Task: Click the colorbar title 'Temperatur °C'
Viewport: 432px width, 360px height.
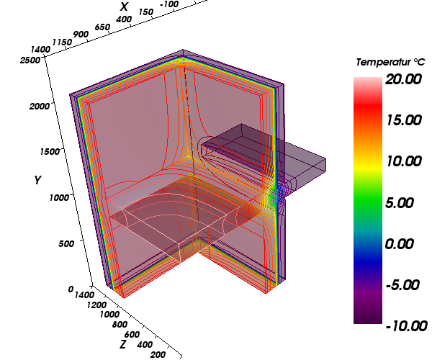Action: [x=390, y=62]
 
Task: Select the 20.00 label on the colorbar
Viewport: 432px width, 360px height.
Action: [x=403, y=79]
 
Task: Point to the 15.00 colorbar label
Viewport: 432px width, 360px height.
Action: [x=404, y=120]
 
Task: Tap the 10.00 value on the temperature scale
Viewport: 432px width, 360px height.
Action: [x=404, y=161]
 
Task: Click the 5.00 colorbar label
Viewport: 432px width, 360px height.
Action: [x=399, y=203]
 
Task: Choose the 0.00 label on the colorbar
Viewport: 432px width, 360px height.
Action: [x=399, y=244]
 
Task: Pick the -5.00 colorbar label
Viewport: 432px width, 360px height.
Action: [x=402, y=285]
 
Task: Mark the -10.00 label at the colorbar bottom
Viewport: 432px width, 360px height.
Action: [x=407, y=326]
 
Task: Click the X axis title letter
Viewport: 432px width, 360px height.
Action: [x=125, y=6]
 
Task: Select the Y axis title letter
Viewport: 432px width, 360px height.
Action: [x=37, y=180]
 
